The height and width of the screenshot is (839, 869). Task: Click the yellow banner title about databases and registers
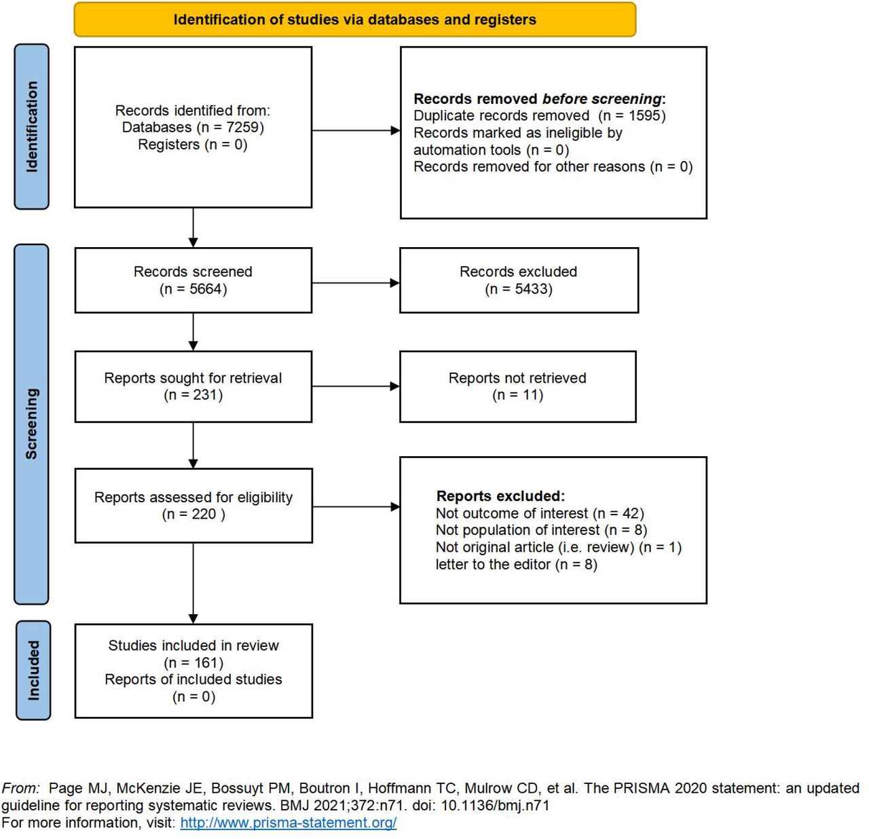(354, 20)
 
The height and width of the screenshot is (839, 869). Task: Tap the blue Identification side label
(31, 127)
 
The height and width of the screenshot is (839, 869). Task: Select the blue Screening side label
(31, 424)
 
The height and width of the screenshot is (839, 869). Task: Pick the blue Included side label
(33, 670)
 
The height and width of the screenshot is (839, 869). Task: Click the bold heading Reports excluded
(500, 496)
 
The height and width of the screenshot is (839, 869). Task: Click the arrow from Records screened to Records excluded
(356, 282)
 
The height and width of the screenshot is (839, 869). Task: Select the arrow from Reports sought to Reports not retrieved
(356, 386)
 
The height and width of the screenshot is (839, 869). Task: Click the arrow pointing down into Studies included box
(193, 583)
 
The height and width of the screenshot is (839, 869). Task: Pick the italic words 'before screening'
(602, 98)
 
